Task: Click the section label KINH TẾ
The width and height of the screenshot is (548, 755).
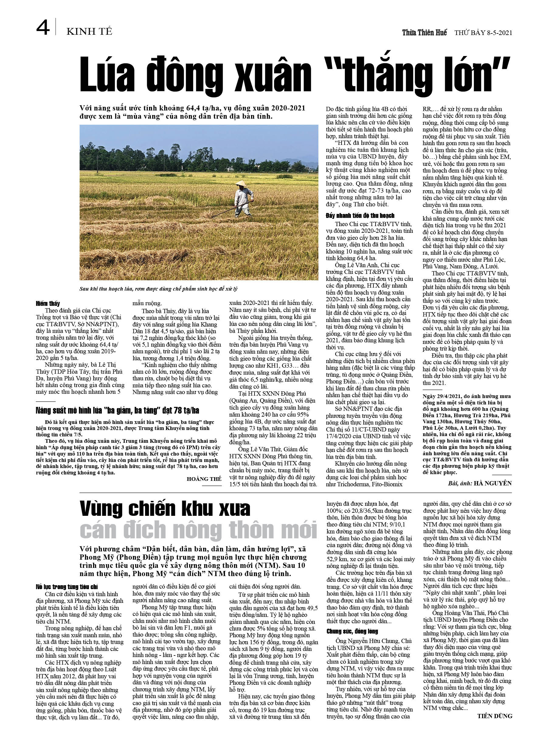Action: [x=89, y=32]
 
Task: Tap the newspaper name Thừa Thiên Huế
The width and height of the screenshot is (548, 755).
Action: [x=424, y=32]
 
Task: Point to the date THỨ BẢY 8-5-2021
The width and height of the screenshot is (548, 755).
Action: [x=483, y=33]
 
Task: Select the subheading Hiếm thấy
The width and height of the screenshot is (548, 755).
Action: [x=48, y=303]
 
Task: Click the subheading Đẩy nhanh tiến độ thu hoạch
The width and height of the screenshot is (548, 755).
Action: [x=360, y=215]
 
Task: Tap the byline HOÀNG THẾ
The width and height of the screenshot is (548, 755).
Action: [x=204, y=479]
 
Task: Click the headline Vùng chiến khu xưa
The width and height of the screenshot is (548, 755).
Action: [x=165, y=509]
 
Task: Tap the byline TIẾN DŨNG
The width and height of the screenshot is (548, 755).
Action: [x=494, y=716]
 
